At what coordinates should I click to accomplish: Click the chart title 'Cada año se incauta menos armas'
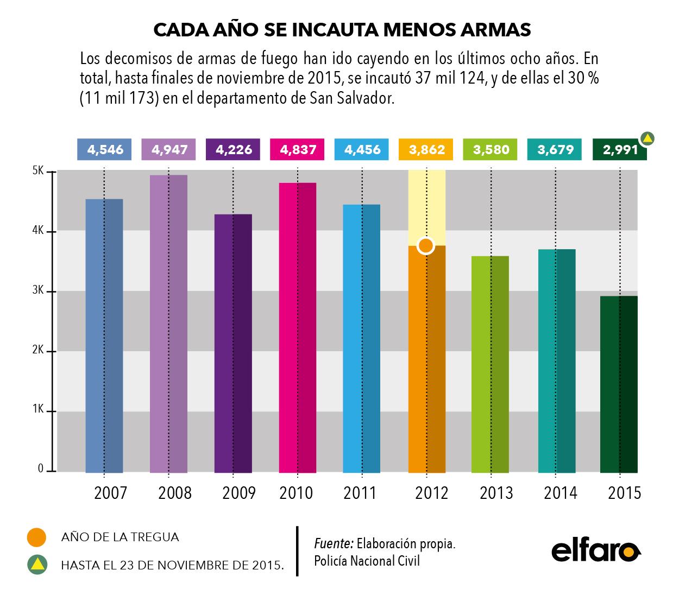click(342, 30)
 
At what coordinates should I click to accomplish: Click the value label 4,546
click(105, 150)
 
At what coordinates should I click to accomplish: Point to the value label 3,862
click(426, 150)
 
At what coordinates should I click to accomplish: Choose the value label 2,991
click(619, 150)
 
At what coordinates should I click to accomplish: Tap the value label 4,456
click(362, 150)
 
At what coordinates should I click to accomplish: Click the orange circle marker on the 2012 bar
click(426, 246)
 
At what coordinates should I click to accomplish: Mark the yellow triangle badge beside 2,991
click(647, 138)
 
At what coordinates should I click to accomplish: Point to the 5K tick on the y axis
click(37, 171)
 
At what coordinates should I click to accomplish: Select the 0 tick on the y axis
click(40, 470)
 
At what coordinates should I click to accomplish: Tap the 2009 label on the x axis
click(239, 493)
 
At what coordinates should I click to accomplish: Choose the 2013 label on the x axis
click(496, 493)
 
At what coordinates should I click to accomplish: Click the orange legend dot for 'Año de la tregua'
click(37, 537)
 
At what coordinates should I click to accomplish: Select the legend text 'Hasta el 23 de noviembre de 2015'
click(173, 565)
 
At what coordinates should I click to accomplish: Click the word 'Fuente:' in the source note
click(334, 543)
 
